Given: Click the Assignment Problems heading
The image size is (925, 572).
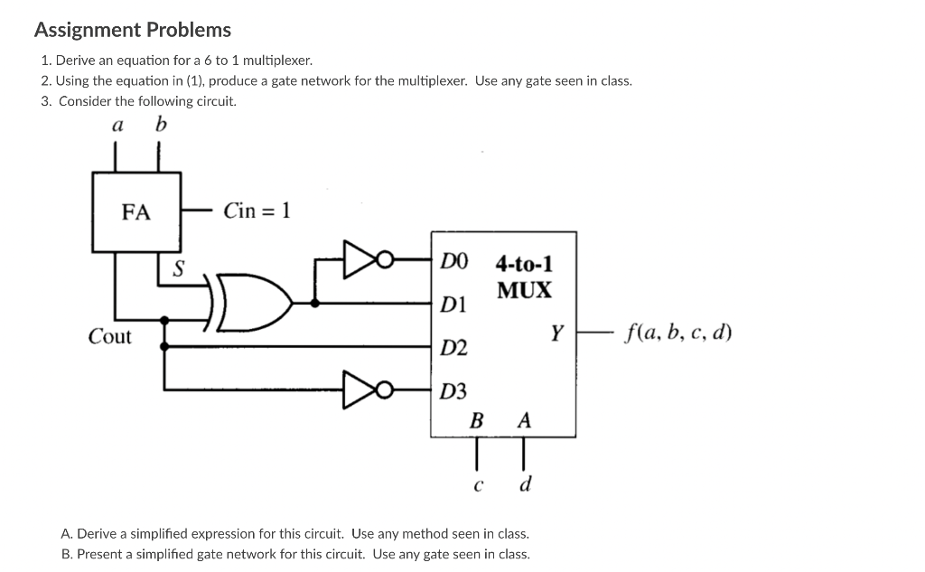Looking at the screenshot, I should pyautogui.click(x=133, y=30).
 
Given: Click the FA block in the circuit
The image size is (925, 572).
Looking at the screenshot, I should pyautogui.click(x=136, y=212).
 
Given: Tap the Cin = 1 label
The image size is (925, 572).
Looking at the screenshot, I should pyautogui.click(x=257, y=211).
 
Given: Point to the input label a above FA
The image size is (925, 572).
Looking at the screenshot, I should pyautogui.click(x=116, y=126).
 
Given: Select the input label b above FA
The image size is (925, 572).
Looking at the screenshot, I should pyautogui.click(x=160, y=125).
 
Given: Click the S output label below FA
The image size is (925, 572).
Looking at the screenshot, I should pyautogui.click(x=178, y=268).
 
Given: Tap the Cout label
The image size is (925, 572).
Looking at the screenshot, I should pyautogui.click(x=109, y=337).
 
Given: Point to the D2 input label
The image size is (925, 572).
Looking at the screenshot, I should pyautogui.click(x=453, y=347).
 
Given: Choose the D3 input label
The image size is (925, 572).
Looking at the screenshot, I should pyautogui.click(x=453, y=391).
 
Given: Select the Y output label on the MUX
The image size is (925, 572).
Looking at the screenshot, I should pyautogui.click(x=557, y=334).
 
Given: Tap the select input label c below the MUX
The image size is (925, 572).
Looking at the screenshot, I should pyautogui.click(x=476, y=486).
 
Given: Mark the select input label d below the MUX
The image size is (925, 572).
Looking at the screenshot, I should pyautogui.click(x=525, y=485).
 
